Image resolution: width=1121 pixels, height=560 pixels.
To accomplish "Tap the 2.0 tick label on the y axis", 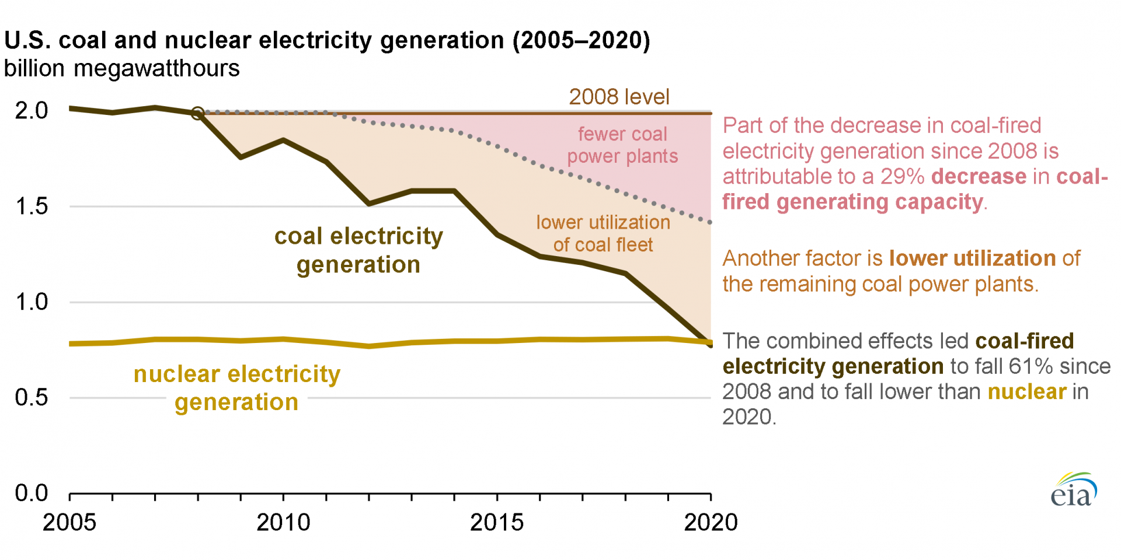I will [32, 110].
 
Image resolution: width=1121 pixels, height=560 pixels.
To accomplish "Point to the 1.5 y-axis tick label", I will [32, 206].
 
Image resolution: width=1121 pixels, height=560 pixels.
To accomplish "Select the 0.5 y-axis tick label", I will [32, 397].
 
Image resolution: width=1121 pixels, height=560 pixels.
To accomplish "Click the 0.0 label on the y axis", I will [32, 493].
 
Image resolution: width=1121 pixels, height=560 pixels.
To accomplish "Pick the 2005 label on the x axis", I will [69, 523].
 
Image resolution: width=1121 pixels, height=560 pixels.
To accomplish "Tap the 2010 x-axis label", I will [283, 523].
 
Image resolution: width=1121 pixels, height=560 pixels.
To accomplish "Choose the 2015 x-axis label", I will [497, 523].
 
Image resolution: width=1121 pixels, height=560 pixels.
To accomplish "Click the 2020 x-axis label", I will [711, 523].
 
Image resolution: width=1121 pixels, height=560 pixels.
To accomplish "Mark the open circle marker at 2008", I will [198, 113].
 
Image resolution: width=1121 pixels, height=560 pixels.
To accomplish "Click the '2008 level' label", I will [619, 97].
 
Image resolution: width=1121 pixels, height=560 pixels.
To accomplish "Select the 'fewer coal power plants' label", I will [622, 145].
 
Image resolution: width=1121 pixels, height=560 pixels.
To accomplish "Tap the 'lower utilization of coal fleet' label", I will [603, 233].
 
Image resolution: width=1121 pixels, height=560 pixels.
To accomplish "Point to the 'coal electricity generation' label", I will [358, 250].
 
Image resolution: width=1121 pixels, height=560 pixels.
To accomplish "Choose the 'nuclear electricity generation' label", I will [236, 388].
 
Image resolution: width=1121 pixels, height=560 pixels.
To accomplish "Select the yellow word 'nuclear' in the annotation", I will [1026, 391].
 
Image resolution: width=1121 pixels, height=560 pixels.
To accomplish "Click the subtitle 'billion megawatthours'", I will [121, 69].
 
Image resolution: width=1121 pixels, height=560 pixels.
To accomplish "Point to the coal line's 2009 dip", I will [241, 157].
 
